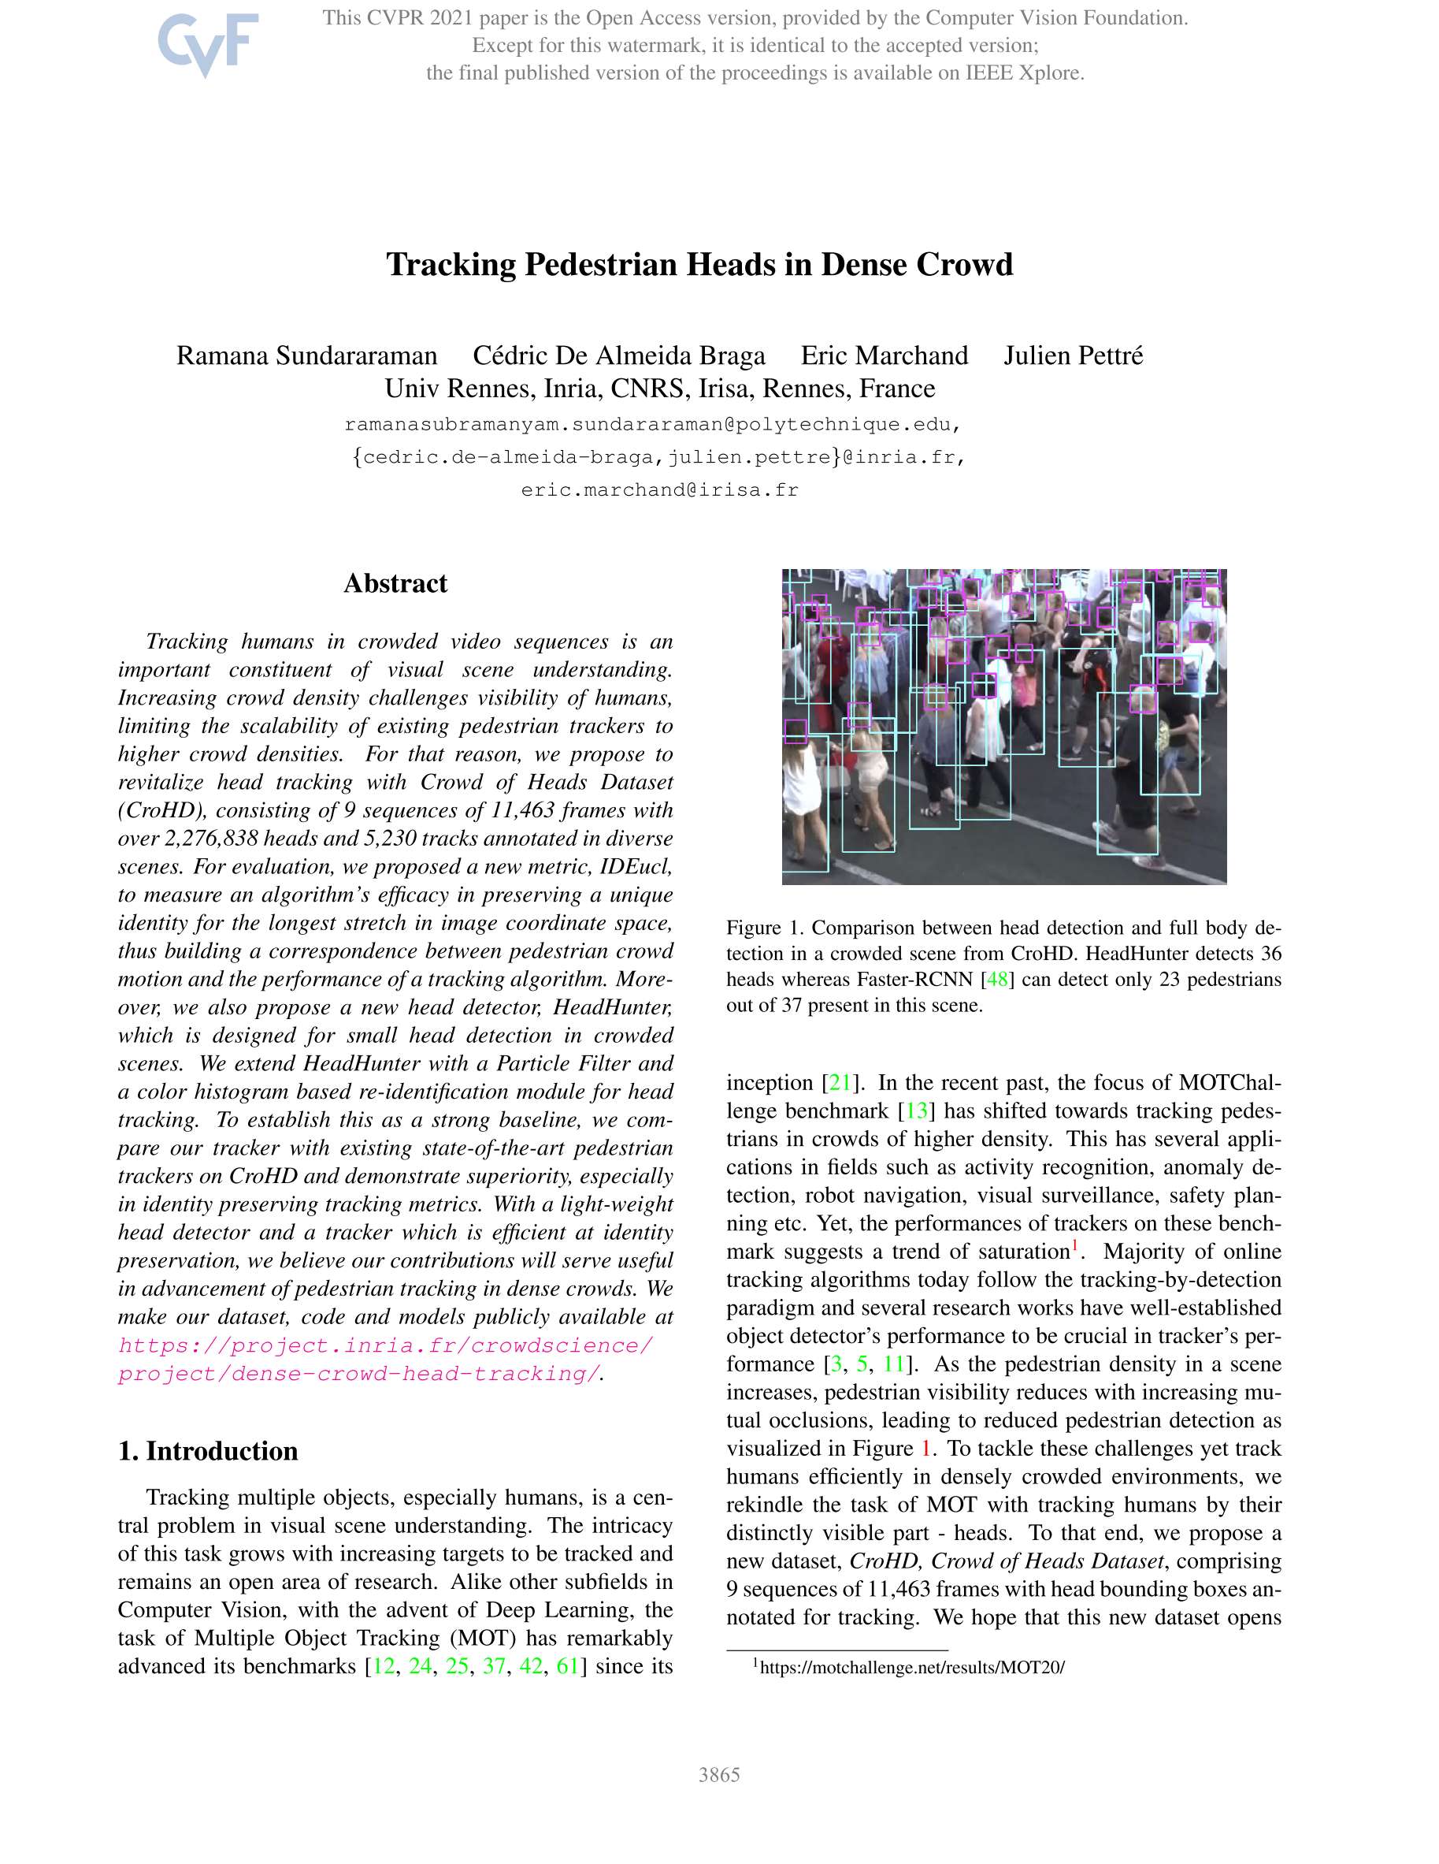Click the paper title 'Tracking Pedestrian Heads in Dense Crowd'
(699, 265)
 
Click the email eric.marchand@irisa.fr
(659, 490)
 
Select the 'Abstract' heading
(395, 584)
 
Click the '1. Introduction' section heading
(208, 1451)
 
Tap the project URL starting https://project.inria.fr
(386, 1346)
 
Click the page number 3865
(719, 1774)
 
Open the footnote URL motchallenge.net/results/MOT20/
(912, 1667)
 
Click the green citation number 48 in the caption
(996, 979)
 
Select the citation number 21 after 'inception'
(840, 1082)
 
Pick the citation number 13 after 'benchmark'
(916, 1111)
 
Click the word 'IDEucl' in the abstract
(634, 866)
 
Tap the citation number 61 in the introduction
(567, 1666)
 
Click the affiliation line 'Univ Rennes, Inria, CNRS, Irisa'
(659, 389)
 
